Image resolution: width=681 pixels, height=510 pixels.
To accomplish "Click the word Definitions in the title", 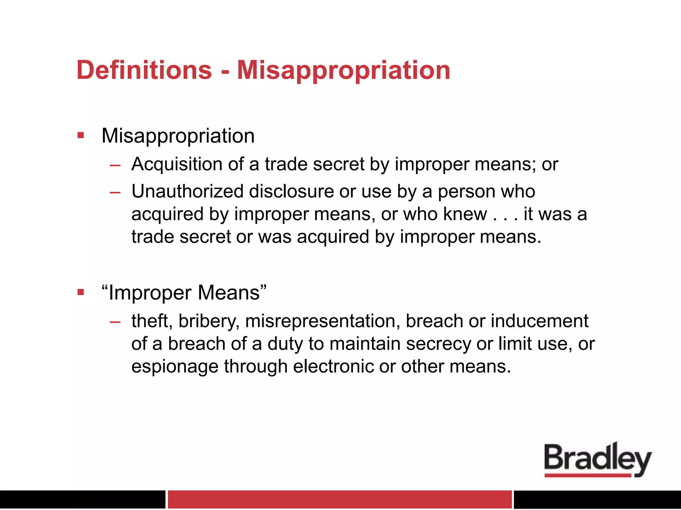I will tap(144, 70).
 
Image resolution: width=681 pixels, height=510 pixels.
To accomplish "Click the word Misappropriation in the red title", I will tap(343, 71).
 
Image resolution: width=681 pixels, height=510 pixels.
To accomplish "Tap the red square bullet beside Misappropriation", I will tap(80, 135).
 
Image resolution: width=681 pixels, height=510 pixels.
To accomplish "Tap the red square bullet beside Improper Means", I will tap(80, 292).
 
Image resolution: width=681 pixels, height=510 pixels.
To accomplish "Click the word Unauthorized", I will tap(188, 191).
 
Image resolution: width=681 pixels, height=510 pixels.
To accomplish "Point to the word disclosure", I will tap(291, 191).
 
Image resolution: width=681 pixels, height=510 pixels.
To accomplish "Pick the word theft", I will tap(152, 321).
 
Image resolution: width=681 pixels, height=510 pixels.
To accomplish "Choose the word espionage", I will tap(175, 367).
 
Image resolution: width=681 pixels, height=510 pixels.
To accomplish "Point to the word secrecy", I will tap(438, 344).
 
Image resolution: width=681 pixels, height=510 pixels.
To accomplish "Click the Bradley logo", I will tap(598, 460).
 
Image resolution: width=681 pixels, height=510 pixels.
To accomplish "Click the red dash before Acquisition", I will tap(115, 165).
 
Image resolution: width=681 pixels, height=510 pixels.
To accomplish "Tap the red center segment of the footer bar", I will tap(340, 499).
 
